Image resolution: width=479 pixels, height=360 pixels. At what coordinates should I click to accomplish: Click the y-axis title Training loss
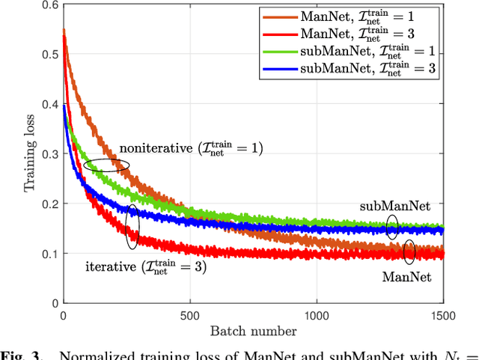(31, 153)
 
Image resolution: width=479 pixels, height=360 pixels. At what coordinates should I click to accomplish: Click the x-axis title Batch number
(252, 330)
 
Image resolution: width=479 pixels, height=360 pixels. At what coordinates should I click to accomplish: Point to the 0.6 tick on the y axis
(47, 6)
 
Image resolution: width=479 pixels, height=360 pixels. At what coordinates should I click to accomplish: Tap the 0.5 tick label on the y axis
(47, 55)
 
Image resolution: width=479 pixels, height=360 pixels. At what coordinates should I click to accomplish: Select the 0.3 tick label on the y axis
(47, 154)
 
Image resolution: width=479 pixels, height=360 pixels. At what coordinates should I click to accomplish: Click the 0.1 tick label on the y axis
(47, 253)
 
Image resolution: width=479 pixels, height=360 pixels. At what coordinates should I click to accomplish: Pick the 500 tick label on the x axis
(189, 315)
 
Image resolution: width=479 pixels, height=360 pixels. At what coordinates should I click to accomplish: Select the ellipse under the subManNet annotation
(391, 227)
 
